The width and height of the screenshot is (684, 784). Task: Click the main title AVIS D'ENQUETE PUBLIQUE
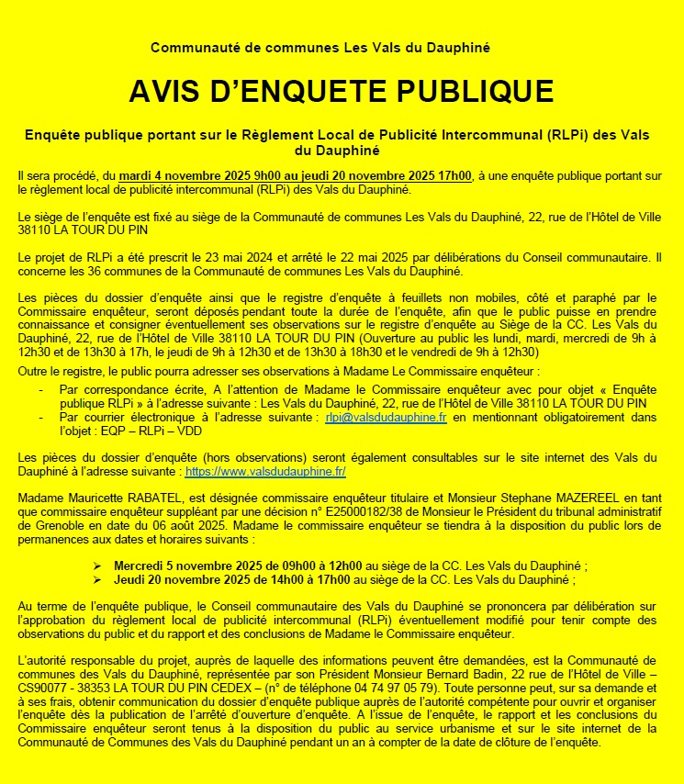click(x=341, y=91)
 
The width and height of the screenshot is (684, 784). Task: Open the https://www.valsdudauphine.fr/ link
click(x=265, y=471)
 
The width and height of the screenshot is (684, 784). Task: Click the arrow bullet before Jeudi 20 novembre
click(x=98, y=580)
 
